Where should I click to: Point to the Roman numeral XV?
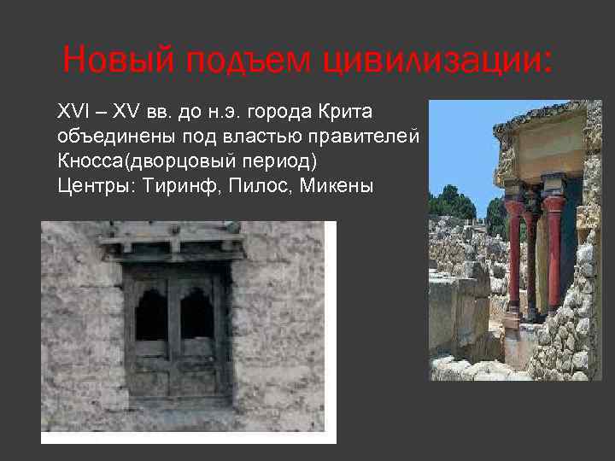coord(125,112)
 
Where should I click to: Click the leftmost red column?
coord(514,256)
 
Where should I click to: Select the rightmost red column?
coord(553,256)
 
